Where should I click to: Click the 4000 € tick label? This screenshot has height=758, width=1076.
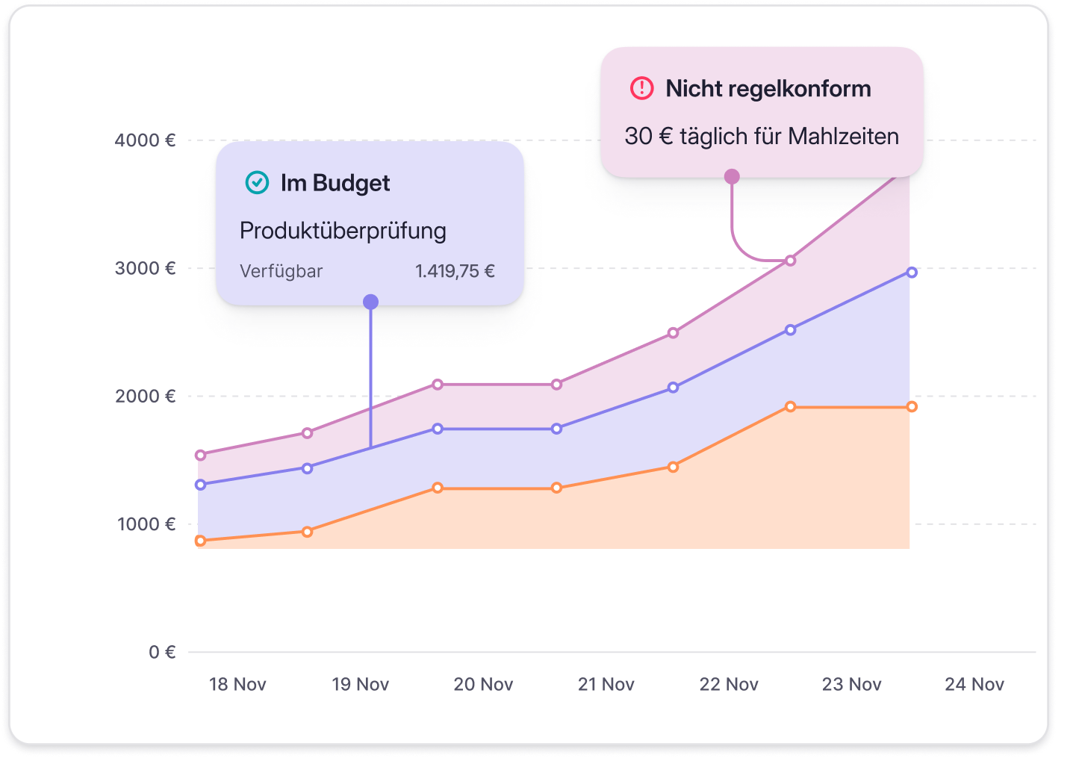click(x=145, y=140)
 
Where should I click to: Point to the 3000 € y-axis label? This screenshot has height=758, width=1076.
click(x=145, y=268)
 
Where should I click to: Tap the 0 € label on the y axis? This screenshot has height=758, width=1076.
click(x=162, y=652)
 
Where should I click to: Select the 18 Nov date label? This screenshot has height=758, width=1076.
click(x=237, y=684)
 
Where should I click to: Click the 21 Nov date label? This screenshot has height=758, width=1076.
click(x=606, y=684)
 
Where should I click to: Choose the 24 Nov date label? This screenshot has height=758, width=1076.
click(x=974, y=684)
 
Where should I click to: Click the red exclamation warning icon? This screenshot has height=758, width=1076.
click(x=641, y=88)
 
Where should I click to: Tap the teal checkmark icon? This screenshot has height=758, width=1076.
click(x=257, y=182)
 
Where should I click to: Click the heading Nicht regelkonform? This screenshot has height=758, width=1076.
click(x=768, y=88)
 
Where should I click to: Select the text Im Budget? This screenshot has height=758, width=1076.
click(x=335, y=183)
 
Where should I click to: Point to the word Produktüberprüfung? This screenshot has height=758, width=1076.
click(x=343, y=231)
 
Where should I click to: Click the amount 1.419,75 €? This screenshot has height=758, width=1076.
click(x=455, y=271)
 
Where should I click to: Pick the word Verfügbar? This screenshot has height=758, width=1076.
click(x=281, y=271)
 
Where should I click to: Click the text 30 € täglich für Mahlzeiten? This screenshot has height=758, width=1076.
click(x=762, y=137)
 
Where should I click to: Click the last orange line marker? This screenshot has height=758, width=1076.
click(x=912, y=407)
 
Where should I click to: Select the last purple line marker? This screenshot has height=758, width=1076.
click(x=912, y=273)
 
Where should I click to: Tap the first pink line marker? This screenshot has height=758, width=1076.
click(x=200, y=455)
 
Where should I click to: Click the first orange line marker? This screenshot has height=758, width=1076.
click(x=200, y=541)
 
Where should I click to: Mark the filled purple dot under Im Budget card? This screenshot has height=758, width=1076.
click(x=370, y=302)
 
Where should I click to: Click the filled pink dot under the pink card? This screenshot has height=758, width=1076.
click(x=732, y=176)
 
